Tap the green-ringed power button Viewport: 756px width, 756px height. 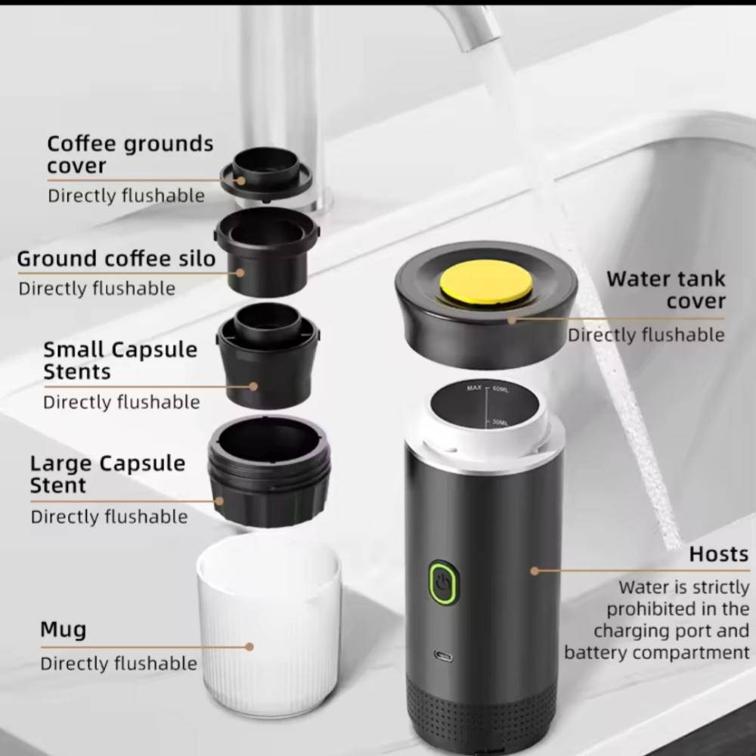[x=442, y=582]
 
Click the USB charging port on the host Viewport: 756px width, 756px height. [x=443, y=655]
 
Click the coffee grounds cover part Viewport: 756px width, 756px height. [x=266, y=173]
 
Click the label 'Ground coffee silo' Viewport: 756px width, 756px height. [x=116, y=259]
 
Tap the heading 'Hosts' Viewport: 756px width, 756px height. [x=718, y=554]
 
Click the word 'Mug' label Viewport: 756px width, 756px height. [x=64, y=631]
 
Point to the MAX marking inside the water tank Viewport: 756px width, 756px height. [x=474, y=387]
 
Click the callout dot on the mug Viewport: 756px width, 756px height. [x=249, y=646]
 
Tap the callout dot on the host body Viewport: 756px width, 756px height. [x=534, y=571]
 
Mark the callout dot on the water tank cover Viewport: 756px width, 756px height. [x=512, y=320]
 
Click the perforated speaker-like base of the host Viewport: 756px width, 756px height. [x=482, y=714]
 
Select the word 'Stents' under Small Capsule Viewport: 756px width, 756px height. [x=77, y=372]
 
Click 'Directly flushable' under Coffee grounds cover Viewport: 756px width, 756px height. [x=126, y=196]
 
